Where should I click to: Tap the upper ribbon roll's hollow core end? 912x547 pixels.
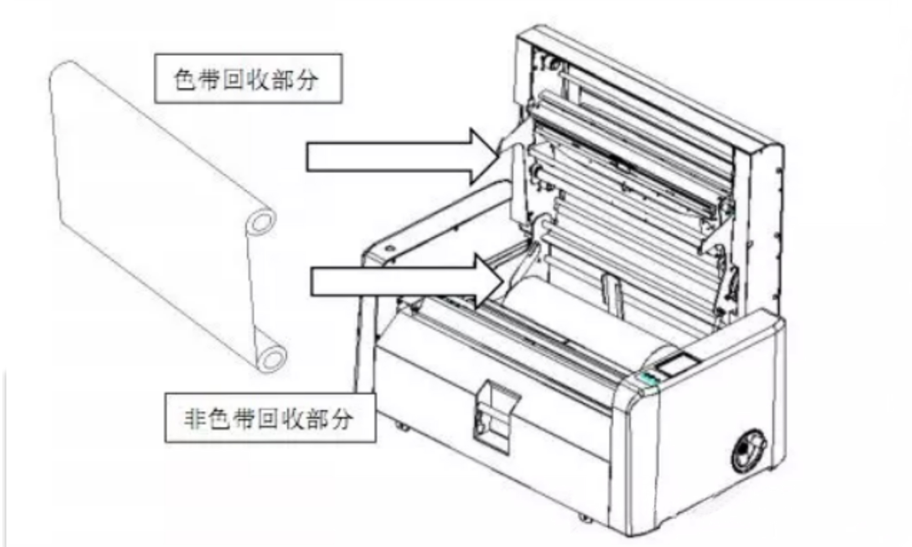(260, 223)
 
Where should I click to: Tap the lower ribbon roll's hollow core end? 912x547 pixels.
(272, 358)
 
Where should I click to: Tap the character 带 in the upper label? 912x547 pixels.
(210, 79)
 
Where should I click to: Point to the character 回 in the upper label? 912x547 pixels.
(233, 79)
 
